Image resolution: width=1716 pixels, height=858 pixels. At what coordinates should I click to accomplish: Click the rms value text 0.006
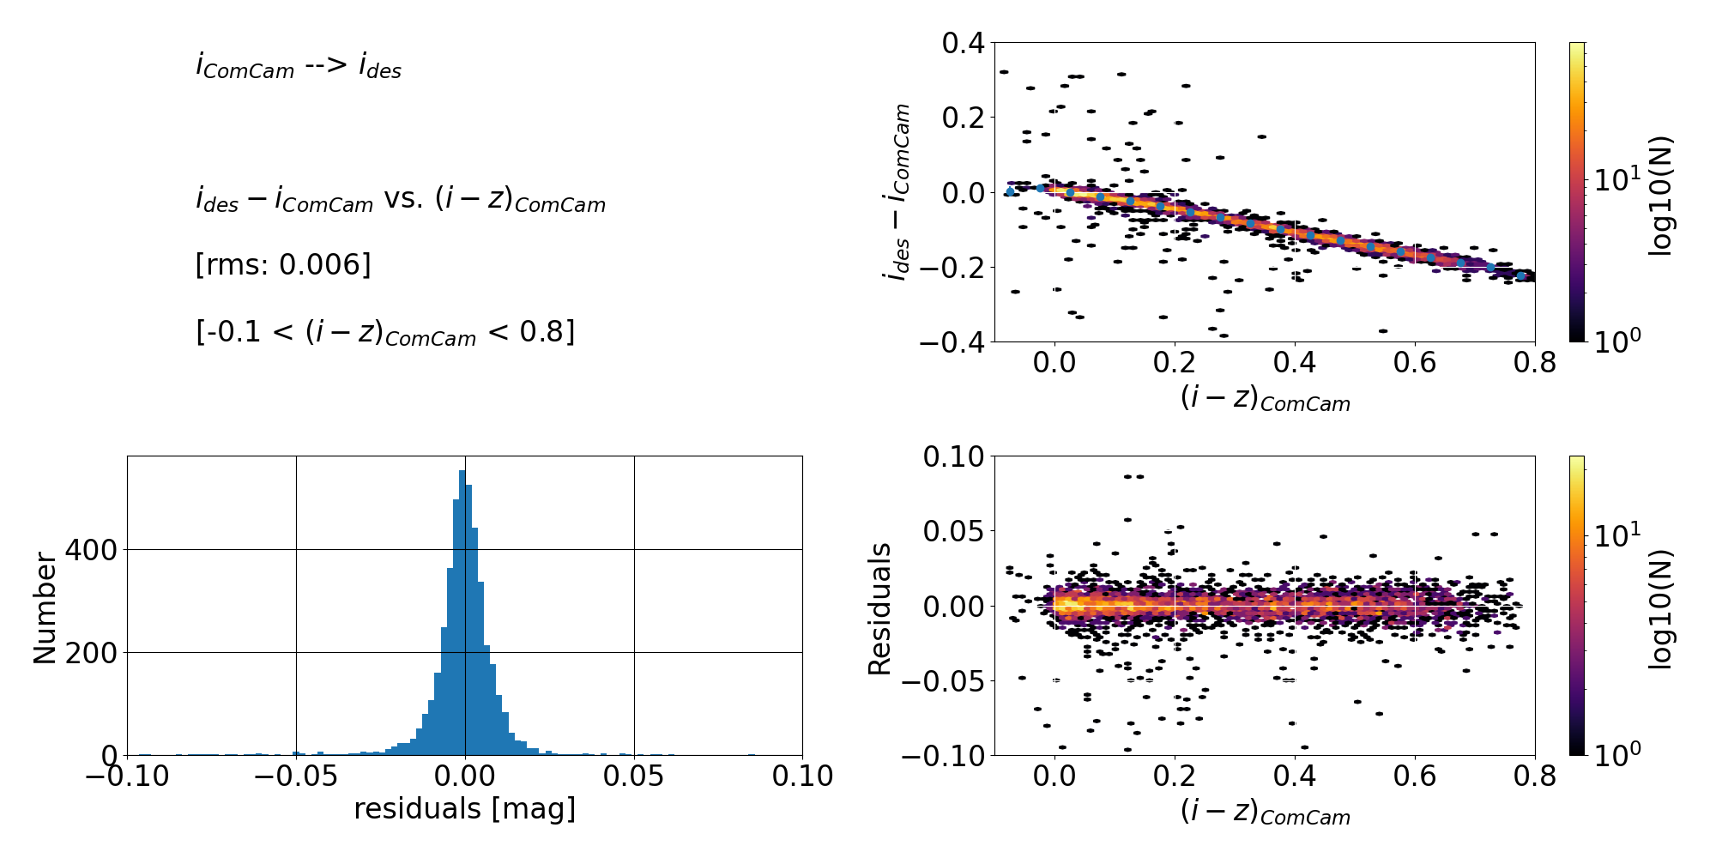(325, 265)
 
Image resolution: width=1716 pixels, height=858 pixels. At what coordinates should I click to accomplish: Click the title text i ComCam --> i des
(298, 67)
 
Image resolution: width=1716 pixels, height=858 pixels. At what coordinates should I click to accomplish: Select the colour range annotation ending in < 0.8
(385, 332)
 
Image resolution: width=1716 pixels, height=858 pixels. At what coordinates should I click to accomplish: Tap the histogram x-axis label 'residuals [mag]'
(464, 809)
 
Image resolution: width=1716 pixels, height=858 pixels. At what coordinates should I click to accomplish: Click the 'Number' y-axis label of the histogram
(45, 607)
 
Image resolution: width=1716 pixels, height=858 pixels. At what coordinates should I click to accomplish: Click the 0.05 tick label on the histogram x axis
(633, 776)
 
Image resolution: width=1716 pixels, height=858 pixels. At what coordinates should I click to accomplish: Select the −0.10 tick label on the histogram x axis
(127, 776)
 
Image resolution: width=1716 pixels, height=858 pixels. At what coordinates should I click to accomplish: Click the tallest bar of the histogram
(462, 613)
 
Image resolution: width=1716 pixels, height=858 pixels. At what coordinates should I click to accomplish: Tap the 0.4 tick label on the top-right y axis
(963, 43)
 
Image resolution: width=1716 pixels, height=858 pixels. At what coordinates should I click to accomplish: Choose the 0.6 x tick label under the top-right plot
(1414, 363)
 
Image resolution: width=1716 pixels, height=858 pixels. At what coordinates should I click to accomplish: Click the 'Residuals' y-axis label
(880, 607)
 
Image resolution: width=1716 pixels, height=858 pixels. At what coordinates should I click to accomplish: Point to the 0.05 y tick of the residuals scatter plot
(952, 531)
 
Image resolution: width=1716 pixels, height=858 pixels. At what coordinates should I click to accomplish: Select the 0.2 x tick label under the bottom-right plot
(1175, 776)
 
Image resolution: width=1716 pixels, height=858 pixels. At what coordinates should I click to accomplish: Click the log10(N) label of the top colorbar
(1661, 196)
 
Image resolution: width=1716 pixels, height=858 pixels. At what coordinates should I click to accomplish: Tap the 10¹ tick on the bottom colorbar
(1616, 535)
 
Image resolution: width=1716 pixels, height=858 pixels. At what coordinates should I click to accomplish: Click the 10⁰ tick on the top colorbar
(1616, 342)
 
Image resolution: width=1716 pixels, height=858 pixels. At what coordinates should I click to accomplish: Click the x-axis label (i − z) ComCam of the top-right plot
(1265, 398)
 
